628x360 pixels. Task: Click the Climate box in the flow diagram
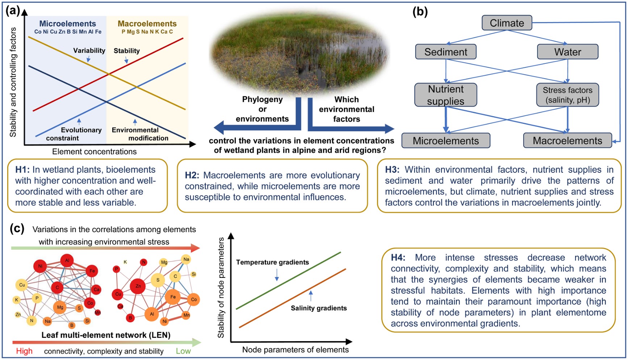507,23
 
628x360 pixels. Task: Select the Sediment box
445,52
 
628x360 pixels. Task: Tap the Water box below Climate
568,52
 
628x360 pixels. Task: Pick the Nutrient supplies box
445,95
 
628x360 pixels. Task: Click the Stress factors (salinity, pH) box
568,95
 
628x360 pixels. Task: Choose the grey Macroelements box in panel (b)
567,141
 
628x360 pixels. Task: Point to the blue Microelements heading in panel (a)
67,24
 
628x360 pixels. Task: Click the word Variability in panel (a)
89,50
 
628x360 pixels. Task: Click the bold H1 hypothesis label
22,170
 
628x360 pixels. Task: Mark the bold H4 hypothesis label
398,258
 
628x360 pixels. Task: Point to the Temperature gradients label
272,262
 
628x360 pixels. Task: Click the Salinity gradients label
319,308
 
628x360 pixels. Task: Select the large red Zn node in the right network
138,286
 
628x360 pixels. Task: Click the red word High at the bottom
24,351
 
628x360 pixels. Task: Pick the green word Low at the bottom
183,351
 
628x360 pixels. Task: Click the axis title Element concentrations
94,151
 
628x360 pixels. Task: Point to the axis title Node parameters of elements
295,349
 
